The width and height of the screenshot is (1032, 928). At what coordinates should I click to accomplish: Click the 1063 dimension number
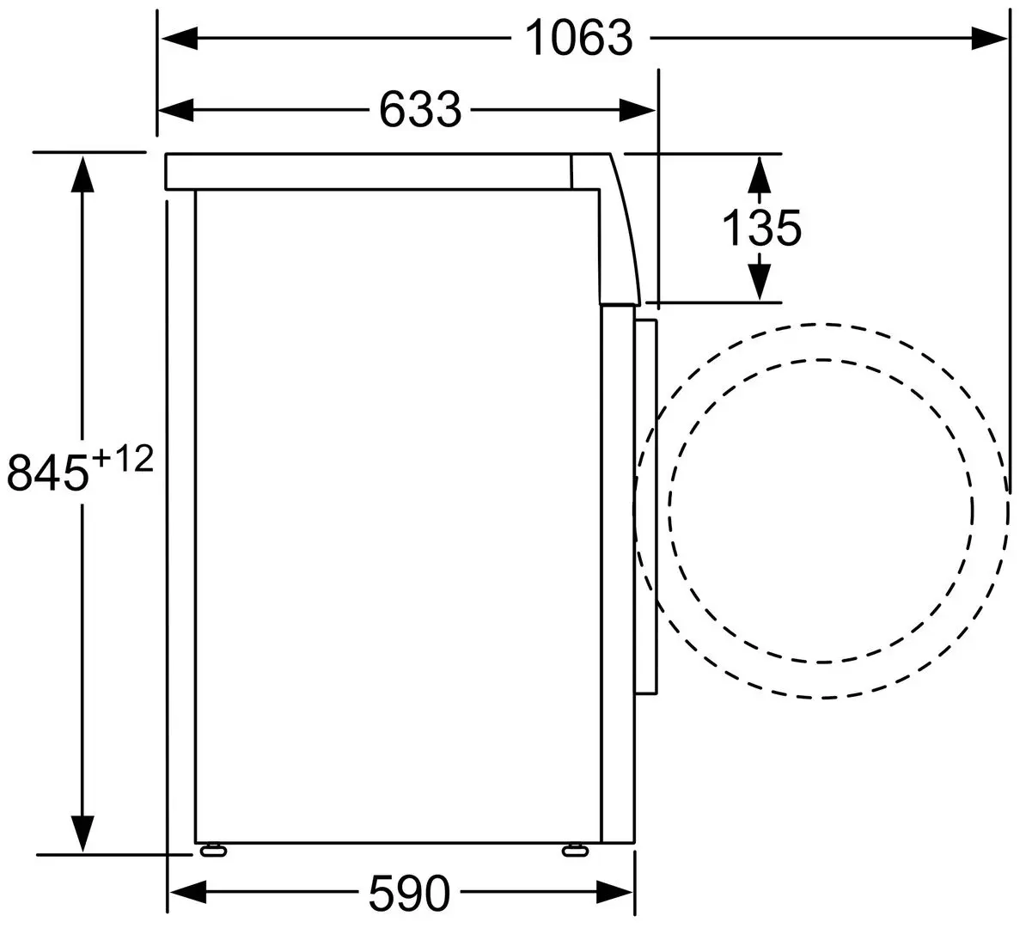tap(579, 37)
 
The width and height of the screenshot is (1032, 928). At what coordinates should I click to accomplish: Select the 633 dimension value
tap(420, 109)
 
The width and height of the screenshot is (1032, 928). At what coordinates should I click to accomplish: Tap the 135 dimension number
tap(761, 228)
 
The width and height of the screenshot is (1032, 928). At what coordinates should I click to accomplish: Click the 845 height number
tap(47, 472)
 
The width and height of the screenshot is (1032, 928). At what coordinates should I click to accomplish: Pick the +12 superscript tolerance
tap(124, 459)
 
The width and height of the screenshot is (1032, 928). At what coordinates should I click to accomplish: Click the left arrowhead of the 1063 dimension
tap(179, 38)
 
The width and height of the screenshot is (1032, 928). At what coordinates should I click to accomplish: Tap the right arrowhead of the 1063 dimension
tap(989, 38)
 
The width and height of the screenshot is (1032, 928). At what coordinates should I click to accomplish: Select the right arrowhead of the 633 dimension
tap(638, 110)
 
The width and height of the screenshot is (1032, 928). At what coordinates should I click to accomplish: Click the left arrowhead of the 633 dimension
tap(175, 110)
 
